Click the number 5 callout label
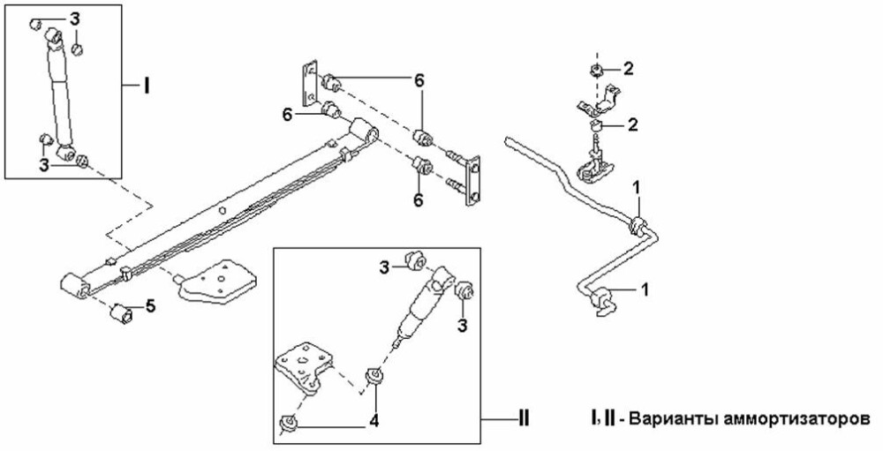pyautogui.click(x=151, y=306)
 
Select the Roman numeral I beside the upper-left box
pyautogui.click(x=147, y=86)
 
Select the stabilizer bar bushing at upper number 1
pyautogui.click(x=635, y=223)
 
